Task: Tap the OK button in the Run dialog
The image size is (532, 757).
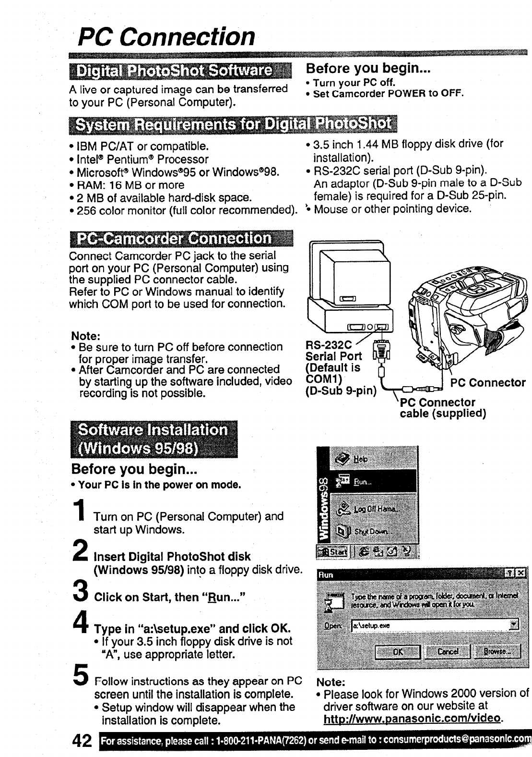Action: coord(398,652)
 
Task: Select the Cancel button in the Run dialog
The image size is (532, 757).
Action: coord(448,652)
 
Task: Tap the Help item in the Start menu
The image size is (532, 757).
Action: coord(361,459)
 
